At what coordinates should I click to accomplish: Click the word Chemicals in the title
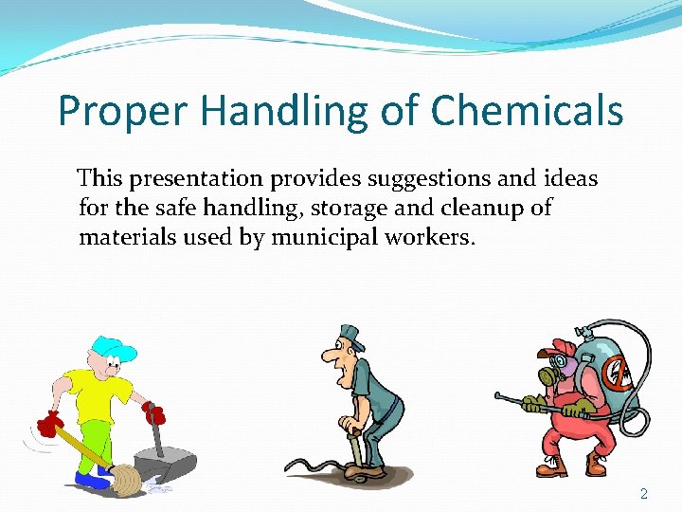click(527, 111)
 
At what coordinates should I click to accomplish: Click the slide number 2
click(644, 493)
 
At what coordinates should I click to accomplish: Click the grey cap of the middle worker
click(351, 332)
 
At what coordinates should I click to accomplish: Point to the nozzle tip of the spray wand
click(498, 396)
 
